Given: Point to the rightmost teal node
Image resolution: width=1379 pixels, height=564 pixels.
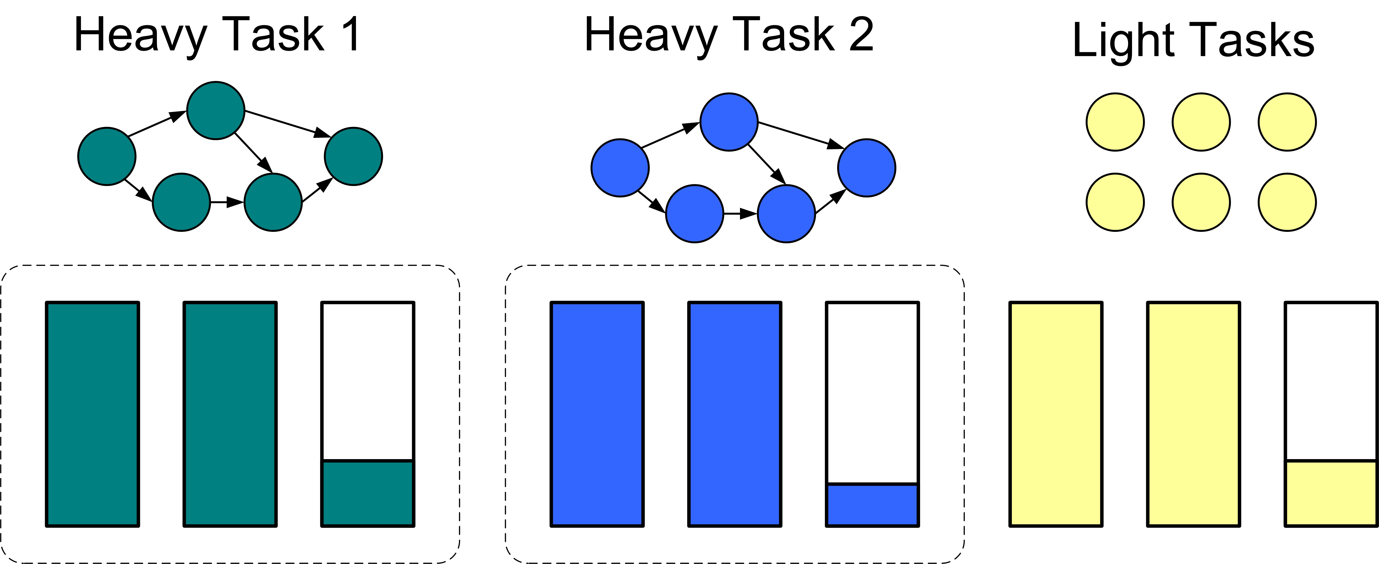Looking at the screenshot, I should click(353, 156).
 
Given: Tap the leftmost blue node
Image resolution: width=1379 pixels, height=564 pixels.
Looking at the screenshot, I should click(620, 168).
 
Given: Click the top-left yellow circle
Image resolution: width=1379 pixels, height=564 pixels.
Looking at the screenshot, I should click(1115, 122).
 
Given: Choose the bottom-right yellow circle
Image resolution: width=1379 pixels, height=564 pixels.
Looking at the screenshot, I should click(1287, 202).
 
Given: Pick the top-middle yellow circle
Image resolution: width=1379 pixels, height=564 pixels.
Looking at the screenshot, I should click(1201, 122).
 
